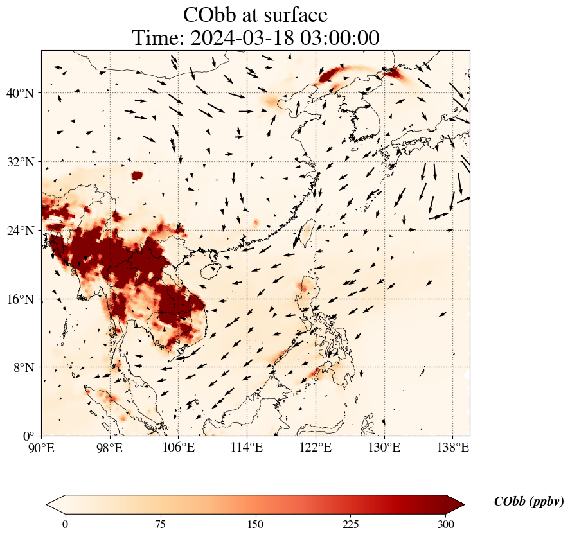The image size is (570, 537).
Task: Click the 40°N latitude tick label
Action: click(21, 93)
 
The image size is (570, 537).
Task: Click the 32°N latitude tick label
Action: click(21, 162)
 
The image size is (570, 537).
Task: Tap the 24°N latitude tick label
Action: click(21, 231)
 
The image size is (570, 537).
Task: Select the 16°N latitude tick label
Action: click(21, 299)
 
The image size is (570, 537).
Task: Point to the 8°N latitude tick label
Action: click(23, 367)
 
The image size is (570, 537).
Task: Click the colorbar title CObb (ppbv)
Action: click(529, 502)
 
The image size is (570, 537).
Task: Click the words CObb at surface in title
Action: click(255, 14)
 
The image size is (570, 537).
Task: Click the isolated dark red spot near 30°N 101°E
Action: click(137, 175)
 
